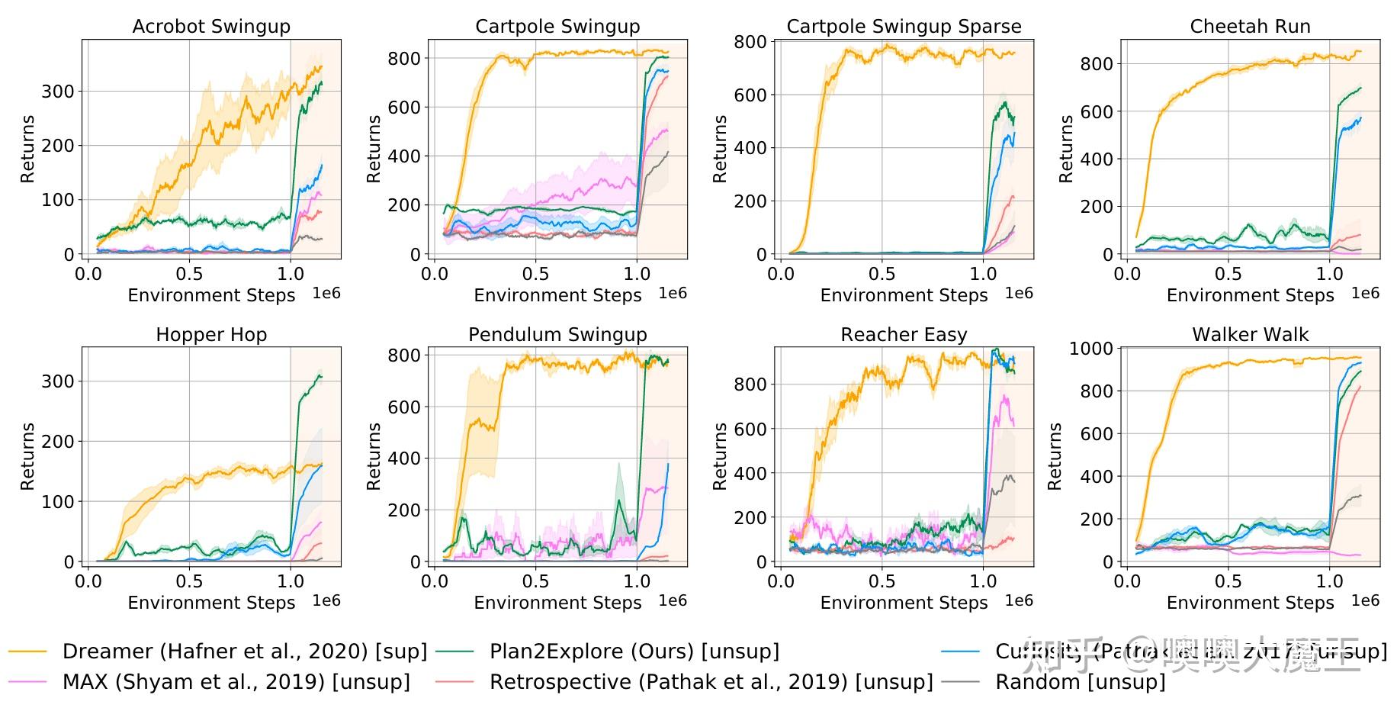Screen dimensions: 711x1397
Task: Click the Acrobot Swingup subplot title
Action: [211, 27]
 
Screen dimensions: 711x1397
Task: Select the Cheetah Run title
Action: [1250, 27]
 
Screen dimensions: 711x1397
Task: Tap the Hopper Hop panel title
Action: [211, 335]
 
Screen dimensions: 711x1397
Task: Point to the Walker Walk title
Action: [1250, 335]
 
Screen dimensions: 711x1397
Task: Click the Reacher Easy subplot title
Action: [904, 335]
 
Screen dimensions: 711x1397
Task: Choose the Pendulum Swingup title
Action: [557, 335]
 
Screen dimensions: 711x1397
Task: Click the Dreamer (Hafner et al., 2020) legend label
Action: [245, 651]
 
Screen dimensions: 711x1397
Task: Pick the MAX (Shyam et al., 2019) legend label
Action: [236, 681]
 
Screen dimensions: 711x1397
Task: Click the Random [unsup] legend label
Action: [1081, 681]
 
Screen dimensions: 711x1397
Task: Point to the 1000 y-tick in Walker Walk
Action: [1091, 349]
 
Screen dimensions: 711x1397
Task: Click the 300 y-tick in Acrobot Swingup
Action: [58, 92]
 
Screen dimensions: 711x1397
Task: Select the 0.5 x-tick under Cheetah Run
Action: [1228, 274]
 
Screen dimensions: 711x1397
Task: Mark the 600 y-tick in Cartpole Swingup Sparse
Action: [750, 95]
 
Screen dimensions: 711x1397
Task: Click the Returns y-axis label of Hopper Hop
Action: [28, 456]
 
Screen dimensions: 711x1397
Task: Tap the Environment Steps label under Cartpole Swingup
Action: [557, 295]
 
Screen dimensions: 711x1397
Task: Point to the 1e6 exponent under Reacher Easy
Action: [1019, 601]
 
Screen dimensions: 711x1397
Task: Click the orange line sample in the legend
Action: [28, 651]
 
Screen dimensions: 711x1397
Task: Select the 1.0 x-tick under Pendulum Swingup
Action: [637, 581]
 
